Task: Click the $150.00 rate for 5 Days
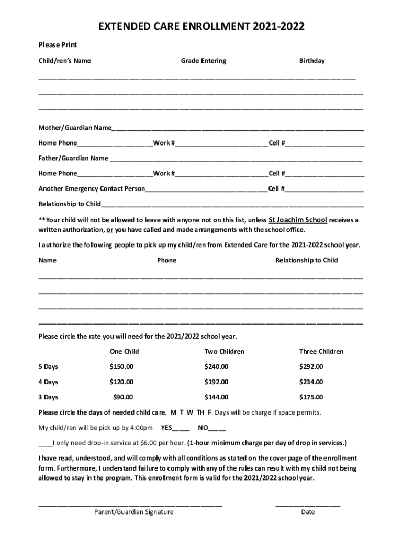pos(121,366)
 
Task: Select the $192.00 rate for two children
pos(216,382)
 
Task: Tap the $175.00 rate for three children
pos(311,397)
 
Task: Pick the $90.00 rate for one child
pos(124,397)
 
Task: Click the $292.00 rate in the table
pos(311,366)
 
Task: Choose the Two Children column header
pos(224,351)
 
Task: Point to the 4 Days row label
pos(48,382)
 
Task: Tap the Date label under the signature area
pos(308,512)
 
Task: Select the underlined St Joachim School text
pos(298,220)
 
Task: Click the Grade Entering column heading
pos(204,61)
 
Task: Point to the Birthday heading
pos(312,61)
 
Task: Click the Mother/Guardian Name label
pos(75,128)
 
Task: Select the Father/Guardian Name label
pos(73,158)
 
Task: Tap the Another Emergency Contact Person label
pos(92,188)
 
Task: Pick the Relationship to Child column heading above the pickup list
pos(307,260)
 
